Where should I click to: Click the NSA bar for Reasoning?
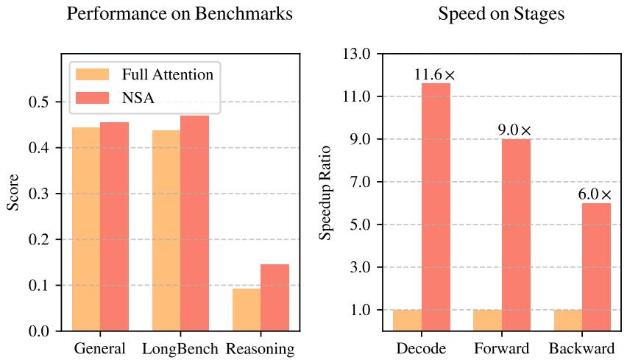tap(274, 297)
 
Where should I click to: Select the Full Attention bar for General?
tap(86, 229)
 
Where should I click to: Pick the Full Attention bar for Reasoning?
tap(247, 309)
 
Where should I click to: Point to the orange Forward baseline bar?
tap(488, 320)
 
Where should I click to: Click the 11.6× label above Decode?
tap(435, 74)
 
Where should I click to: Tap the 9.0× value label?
tap(514, 130)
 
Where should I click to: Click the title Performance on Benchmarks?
tap(180, 14)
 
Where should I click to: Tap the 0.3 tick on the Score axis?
tap(40, 194)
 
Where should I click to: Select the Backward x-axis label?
tap(582, 348)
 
